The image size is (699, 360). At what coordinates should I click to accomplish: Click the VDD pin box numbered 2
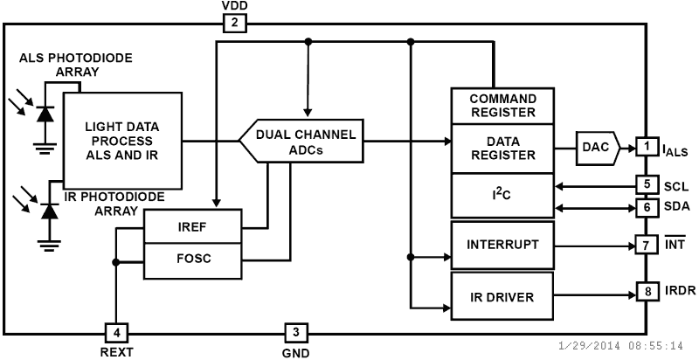tap(234, 24)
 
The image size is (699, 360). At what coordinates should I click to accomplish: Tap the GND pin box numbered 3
tap(296, 332)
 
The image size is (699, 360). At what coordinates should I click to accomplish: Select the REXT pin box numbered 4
tap(117, 333)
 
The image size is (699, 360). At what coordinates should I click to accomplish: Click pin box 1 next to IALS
tap(647, 146)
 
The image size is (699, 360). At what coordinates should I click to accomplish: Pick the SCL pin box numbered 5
tap(647, 185)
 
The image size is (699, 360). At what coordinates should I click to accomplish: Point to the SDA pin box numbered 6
tap(647, 208)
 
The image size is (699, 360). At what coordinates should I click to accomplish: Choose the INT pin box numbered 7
tap(647, 246)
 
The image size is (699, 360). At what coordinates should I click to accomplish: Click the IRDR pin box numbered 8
tap(647, 291)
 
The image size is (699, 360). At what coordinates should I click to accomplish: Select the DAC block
tap(598, 148)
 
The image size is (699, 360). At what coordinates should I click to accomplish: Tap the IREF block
tap(192, 226)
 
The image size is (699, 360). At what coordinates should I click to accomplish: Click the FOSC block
tap(192, 261)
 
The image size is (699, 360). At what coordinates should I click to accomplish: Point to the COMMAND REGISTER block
tap(502, 106)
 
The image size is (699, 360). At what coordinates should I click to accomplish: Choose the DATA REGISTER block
tap(502, 149)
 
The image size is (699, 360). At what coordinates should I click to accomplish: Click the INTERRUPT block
tap(502, 245)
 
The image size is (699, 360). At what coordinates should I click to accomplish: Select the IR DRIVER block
tap(502, 296)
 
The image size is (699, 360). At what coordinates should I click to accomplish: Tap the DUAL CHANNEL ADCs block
tap(301, 141)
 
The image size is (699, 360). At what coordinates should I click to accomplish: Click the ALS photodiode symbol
tap(45, 114)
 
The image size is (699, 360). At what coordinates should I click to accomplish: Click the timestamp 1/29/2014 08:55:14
tap(620, 346)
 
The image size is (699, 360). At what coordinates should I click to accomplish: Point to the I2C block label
tap(502, 194)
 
